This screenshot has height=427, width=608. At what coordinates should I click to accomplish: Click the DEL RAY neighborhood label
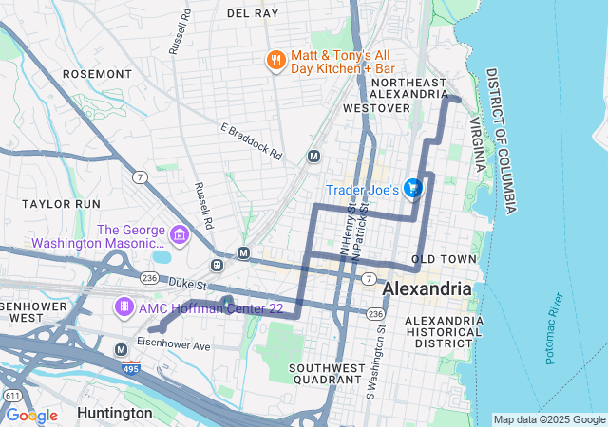pos(253,13)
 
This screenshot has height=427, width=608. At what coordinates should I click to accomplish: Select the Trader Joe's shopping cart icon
pos(412,189)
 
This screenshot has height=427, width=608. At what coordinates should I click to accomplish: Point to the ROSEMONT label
pos(118,73)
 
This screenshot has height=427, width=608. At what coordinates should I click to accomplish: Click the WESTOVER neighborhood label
pos(370,108)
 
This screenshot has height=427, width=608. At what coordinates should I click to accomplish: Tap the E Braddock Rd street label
pos(252,140)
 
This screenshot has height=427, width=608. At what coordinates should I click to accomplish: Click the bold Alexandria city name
pos(427,288)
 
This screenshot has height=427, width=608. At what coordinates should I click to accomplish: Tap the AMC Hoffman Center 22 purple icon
pos(124,306)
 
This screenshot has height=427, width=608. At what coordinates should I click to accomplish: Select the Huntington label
pos(114,413)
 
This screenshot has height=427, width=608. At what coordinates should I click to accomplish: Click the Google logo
pos(31,416)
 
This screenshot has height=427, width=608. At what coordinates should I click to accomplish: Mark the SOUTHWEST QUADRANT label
pos(328,373)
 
